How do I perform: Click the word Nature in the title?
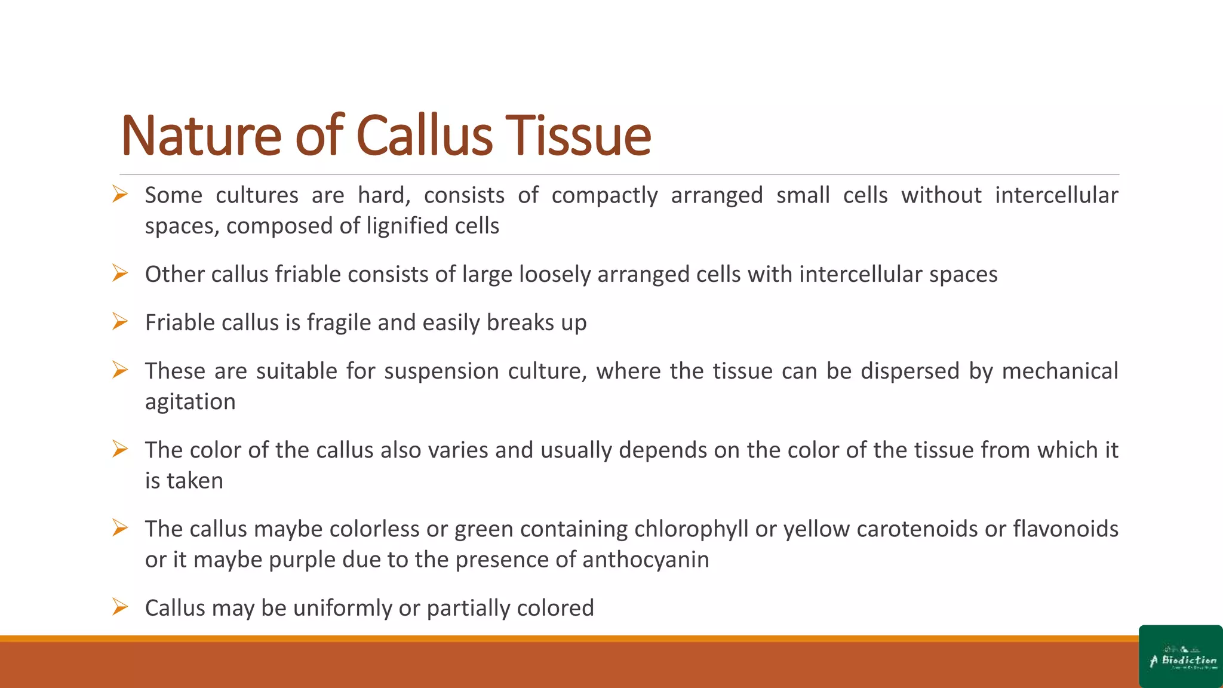[x=201, y=136]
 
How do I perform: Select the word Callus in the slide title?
[x=425, y=136]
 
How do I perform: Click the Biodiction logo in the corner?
[x=1181, y=657]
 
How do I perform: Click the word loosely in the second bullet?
[x=555, y=275]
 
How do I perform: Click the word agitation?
[x=190, y=403]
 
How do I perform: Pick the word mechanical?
[x=1059, y=371]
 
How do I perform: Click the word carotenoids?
[x=914, y=529]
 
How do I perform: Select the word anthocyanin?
[x=645, y=560]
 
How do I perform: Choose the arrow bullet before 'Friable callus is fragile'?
[x=120, y=322]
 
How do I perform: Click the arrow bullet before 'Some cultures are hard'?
[x=120, y=195]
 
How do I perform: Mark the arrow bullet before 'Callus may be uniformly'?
[x=120, y=607]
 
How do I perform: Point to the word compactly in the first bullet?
[x=604, y=196]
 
